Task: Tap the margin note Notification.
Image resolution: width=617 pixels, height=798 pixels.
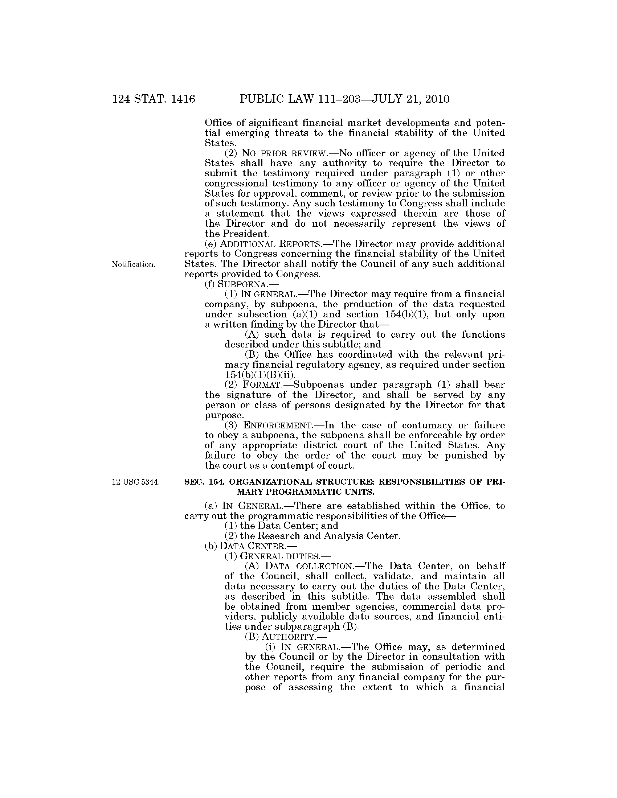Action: (134, 264)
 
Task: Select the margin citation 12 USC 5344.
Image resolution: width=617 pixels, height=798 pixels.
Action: (136, 482)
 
